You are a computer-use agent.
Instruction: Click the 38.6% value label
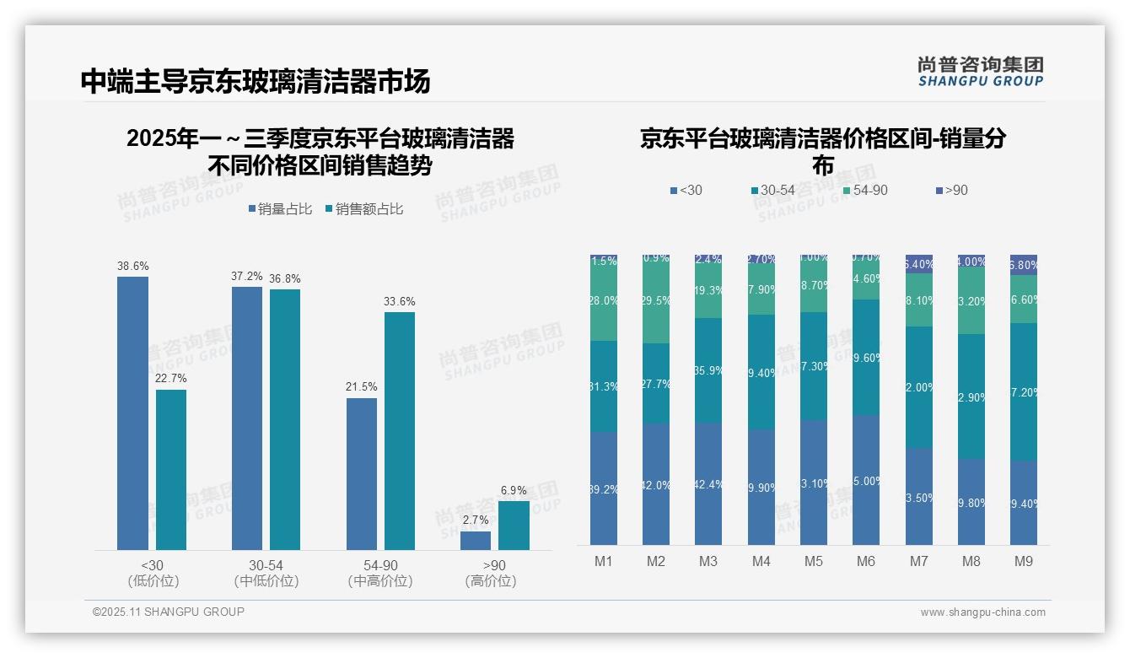click(x=132, y=266)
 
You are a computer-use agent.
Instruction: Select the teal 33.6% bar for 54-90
click(x=400, y=430)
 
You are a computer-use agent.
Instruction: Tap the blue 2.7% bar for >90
click(x=476, y=541)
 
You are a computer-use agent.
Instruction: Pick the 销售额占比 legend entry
click(x=363, y=209)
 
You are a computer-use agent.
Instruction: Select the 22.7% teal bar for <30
click(x=171, y=469)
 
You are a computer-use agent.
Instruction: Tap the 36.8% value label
click(x=285, y=278)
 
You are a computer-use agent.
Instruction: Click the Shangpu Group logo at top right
click(x=981, y=72)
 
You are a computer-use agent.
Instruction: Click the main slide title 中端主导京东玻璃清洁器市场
click(x=256, y=81)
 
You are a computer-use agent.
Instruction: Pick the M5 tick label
click(x=813, y=561)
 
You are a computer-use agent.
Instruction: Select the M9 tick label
click(x=1023, y=561)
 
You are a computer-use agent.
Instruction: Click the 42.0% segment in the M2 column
click(x=656, y=484)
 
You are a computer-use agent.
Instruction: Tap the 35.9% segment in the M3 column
click(x=708, y=370)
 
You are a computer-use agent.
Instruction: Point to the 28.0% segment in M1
click(x=604, y=301)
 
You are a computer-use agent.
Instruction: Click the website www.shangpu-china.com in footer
click(x=982, y=612)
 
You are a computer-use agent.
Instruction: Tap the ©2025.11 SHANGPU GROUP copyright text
click(x=169, y=612)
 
